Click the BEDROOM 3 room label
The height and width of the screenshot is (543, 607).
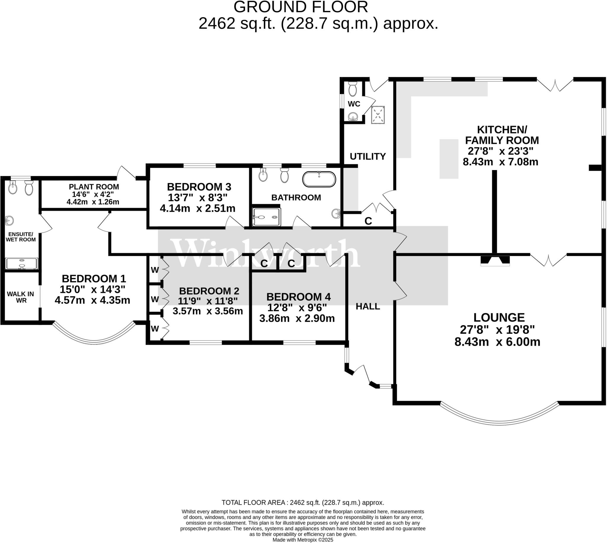coord(199,187)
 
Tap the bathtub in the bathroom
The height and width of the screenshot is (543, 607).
coord(319,179)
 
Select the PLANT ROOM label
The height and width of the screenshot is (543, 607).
coord(94,187)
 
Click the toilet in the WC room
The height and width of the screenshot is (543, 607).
coord(352,88)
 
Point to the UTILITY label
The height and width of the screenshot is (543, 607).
coord(367,156)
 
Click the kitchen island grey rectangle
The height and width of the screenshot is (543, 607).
coord(448,159)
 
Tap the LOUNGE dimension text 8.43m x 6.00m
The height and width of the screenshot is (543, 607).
coord(497,342)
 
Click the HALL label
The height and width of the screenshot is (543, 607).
coord(368,306)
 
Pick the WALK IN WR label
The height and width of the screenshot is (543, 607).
coord(20,297)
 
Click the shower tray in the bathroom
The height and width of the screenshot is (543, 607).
coord(266,217)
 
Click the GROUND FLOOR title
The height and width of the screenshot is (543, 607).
coord(301,7)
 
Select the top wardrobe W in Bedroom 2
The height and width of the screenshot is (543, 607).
coord(155,270)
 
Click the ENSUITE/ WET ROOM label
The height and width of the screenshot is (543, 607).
coord(20,237)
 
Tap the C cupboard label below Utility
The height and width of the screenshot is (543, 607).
coord(368,221)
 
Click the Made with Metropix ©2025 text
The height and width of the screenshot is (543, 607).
coord(303,540)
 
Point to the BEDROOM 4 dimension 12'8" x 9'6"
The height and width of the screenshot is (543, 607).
coord(297,307)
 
